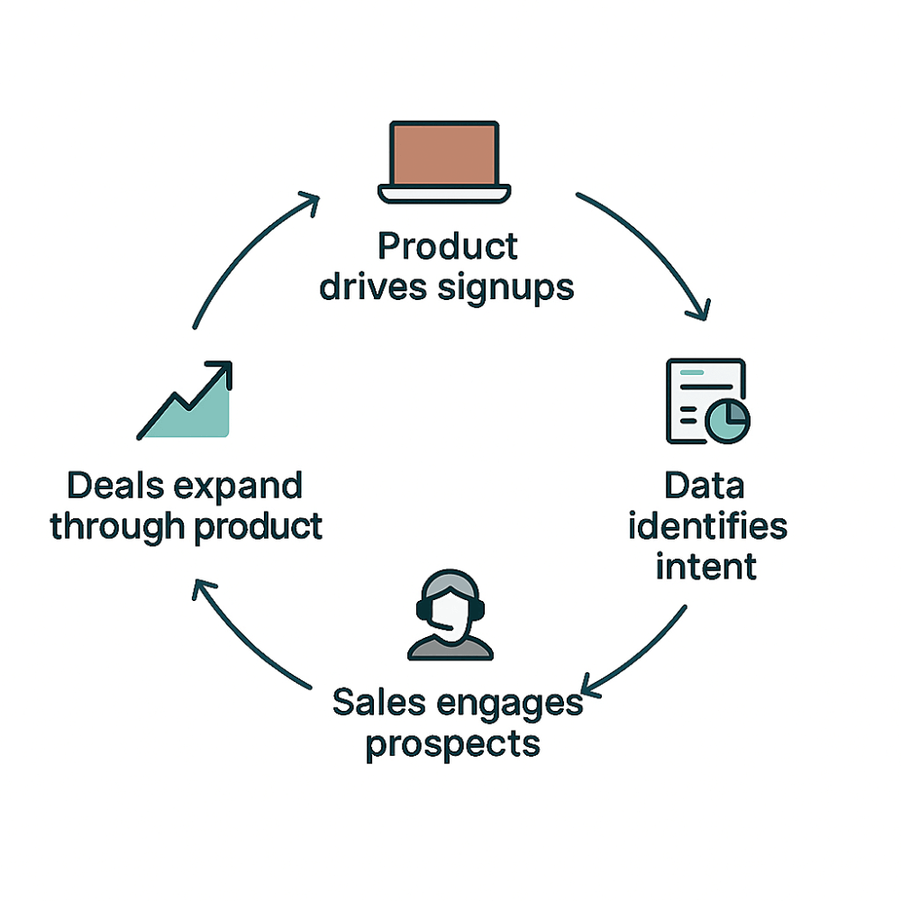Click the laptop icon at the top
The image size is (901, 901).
[x=444, y=162]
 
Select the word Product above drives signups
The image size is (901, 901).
[x=448, y=245]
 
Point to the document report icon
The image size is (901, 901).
[x=705, y=402]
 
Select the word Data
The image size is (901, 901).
[x=705, y=486]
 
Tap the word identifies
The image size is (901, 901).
[x=706, y=526]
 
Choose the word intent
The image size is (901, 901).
[x=705, y=567]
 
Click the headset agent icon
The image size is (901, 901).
[x=450, y=614]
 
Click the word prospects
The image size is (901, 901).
[x=453, y=744]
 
